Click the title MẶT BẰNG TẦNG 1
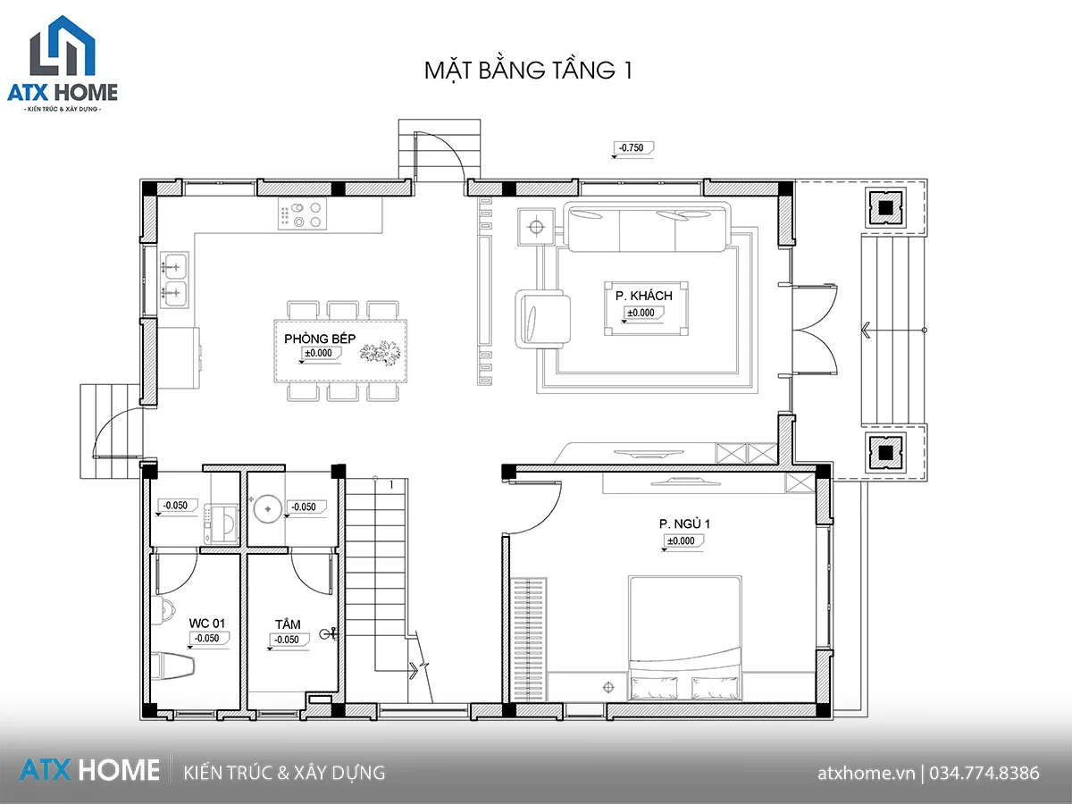pos(528,71)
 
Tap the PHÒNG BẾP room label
pos(320,339)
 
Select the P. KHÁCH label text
pos(644,296)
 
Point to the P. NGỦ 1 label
pos(684,523)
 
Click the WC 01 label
pos(207,624)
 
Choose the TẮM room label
pos(288,624)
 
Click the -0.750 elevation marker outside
pos(633,148)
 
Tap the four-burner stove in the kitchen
pos(302,214)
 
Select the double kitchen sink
pos(174,281)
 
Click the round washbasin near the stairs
pos(268,509)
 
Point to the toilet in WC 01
pos(172,666)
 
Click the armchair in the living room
pos(542,319)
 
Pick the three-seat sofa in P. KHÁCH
pos(647,227)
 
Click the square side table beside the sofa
pos(536,227)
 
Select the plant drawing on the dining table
pos(380,353)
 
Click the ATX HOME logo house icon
pos(63,46)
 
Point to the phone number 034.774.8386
pos(984,773)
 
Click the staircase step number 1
pos(391,485)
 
